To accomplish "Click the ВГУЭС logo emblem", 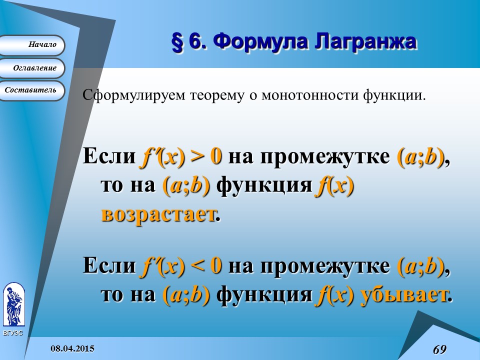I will coord(13,304).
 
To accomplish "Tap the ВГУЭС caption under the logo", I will coord(13,332).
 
